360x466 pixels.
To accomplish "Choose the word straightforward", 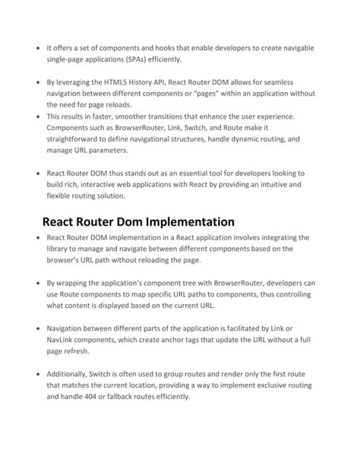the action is tap(77, 141).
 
